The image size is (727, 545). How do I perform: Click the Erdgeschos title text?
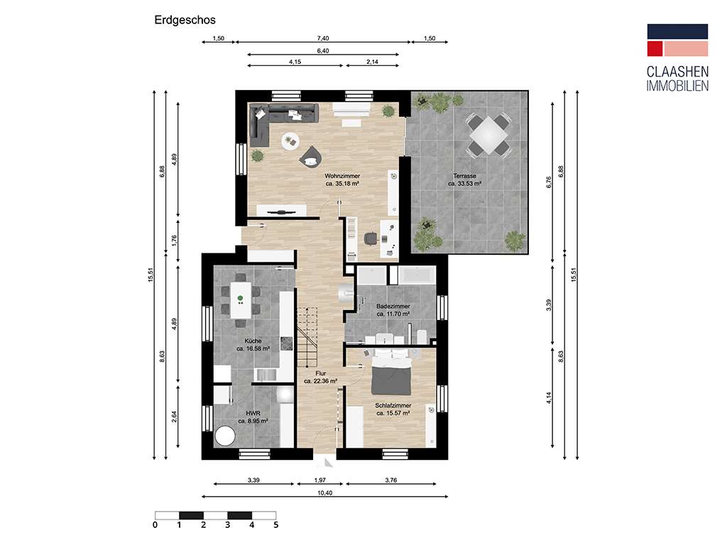coord(185,21)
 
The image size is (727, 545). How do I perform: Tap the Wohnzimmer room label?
coord(341,179)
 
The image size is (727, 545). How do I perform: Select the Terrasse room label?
coord(465,179)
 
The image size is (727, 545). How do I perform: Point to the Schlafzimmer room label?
coord(393,409)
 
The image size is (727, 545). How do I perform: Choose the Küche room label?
coord(253,344)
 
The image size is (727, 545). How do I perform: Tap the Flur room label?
coord(320,376)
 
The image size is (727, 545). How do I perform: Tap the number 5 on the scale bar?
coord(276,526)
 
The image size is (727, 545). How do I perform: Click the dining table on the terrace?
coord(487,133)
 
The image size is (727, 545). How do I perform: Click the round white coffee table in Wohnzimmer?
coord(290,141)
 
